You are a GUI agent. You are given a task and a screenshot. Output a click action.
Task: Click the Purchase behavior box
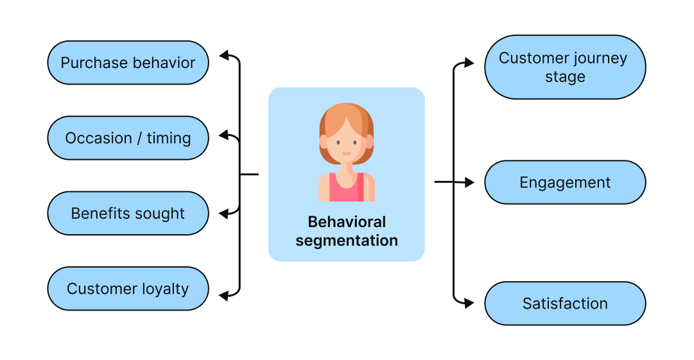[x=128, y=63]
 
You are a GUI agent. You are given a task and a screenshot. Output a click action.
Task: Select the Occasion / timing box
[x=128, y=138]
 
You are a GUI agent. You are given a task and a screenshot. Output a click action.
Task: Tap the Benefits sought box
[x=128, y=214]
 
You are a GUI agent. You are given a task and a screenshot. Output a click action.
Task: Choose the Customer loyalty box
[x=128, y=289]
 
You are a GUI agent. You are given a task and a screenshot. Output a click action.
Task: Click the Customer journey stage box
[x=565, y=67]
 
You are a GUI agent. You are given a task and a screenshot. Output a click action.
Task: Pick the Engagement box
[x=565, y=182]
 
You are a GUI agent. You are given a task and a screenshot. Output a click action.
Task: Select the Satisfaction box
[x=565, y=304]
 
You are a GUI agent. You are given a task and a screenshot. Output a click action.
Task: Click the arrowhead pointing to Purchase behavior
[x=224, y=55]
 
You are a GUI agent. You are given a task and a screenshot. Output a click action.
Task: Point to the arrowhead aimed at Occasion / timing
[x=224, y=135]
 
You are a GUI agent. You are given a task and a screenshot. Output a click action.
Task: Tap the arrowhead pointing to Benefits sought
[x=224, y=214]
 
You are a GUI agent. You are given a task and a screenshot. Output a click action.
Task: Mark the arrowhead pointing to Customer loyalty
[x=224, y=295]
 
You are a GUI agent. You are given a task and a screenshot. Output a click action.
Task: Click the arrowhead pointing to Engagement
[x=469, y=182]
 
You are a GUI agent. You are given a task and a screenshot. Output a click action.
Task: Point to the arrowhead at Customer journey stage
[x=469, y=63]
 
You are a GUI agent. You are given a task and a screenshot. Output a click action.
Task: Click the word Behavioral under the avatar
[x=347, y=222]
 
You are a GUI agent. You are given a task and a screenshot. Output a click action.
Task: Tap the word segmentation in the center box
[x=347, y=241]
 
